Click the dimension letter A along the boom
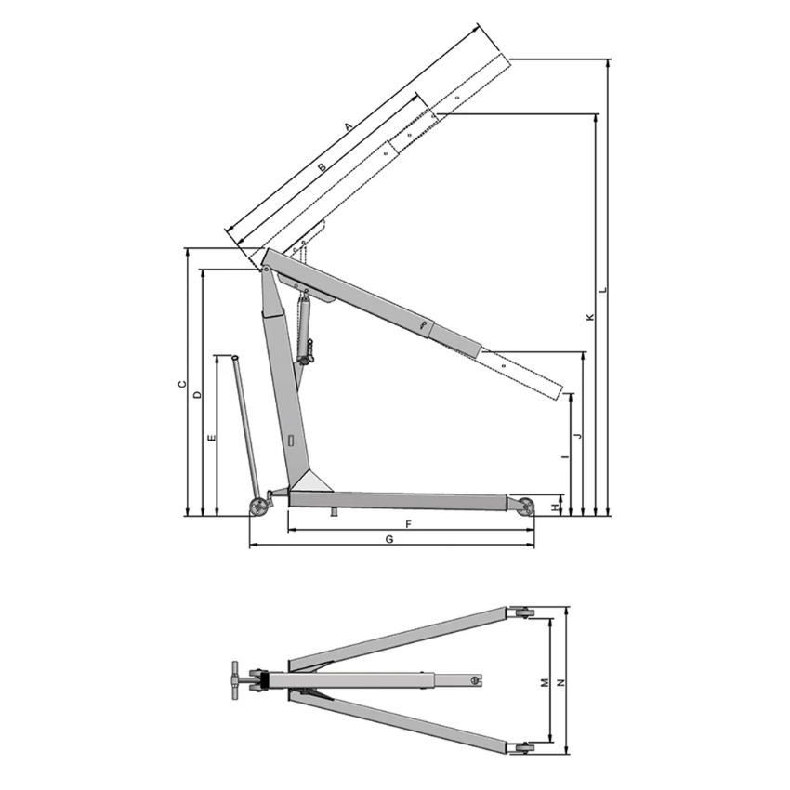click(x=349, y=126)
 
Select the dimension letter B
click(x=323, y=166)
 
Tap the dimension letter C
click(x=182, y=385)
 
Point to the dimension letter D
click(x=198, y=394)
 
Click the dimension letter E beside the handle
click(x=212, y=438)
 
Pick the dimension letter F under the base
click(x=409, y=524)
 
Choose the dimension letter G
click(x=389, y=540)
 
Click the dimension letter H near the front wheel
click(x=555, y=507)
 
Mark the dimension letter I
click(x=565, y=456)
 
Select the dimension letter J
click(x=578, y=435)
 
